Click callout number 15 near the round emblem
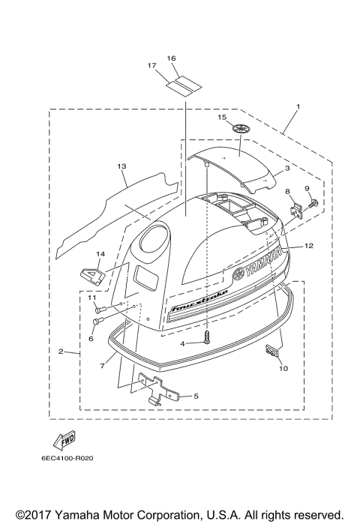point(221,118)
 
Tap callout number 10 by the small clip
point(283,368)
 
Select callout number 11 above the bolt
point(93,298)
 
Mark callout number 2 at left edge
point(61,351)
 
